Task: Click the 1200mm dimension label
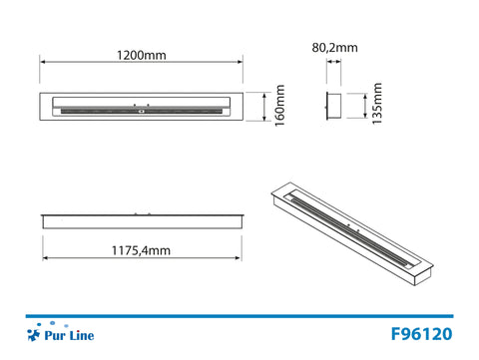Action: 140,55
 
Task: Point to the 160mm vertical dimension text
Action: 280,105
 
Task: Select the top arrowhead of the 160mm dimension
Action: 263,94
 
